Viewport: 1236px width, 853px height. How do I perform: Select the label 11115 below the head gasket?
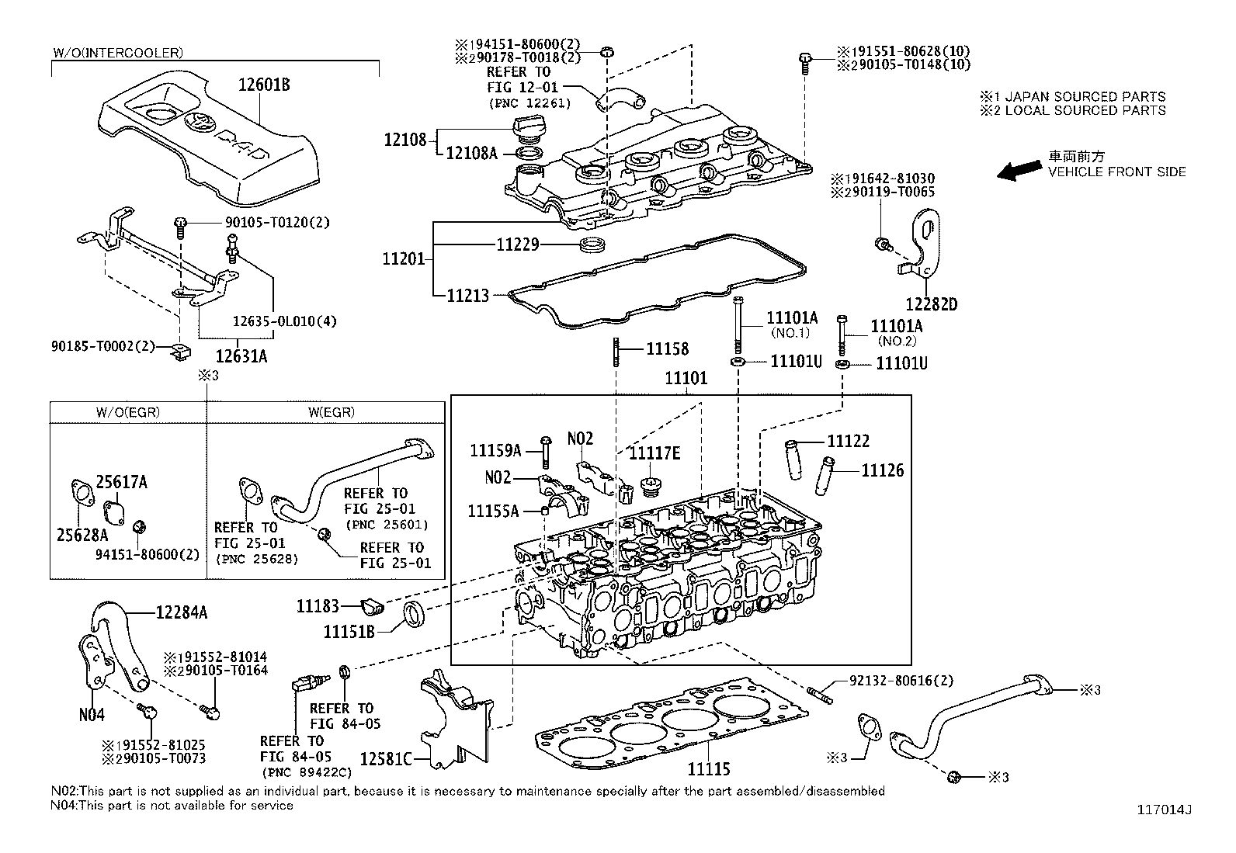[x=708, y=769]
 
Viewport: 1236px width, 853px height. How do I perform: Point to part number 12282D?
[x=931, y=304]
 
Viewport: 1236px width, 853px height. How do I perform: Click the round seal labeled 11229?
[x=594, y=245]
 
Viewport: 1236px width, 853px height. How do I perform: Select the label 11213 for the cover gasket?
[x=467, y=295]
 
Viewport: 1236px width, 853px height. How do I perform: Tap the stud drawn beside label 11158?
[x=616, y=349]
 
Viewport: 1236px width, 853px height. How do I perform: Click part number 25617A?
[x=121, y=482]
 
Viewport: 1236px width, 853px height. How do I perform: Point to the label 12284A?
[x=181, y=612]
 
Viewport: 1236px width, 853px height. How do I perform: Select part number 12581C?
[x=386, y=758]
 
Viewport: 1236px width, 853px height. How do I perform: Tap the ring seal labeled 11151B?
[x=414, y=615]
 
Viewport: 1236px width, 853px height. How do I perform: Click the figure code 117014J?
[x=1164, y=810]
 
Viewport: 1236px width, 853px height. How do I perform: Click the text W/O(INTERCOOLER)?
[x=118, y=53]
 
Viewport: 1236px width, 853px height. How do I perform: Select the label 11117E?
[x=654, y=453]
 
